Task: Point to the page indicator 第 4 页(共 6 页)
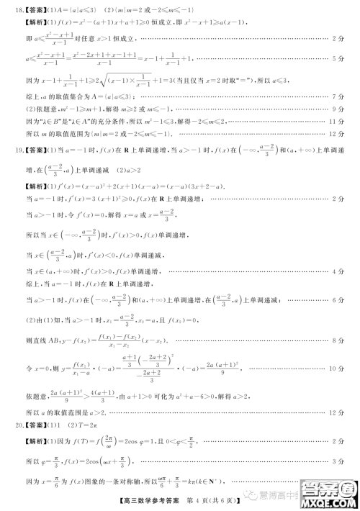click(216, 499)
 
